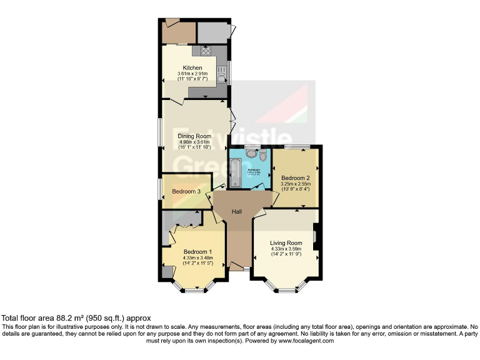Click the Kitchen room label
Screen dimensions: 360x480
192,67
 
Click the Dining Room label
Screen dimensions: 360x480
194,136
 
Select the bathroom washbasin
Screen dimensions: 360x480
251,152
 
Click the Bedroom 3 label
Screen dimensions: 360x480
186,191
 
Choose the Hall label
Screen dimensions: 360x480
237,212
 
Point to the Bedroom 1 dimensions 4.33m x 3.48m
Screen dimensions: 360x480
198,258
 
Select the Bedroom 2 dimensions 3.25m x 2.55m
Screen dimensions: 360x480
296,184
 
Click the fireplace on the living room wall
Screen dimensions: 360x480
316,237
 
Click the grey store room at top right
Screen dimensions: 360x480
212,32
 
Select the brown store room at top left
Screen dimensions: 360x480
178,32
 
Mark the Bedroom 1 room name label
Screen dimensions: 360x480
198,252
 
